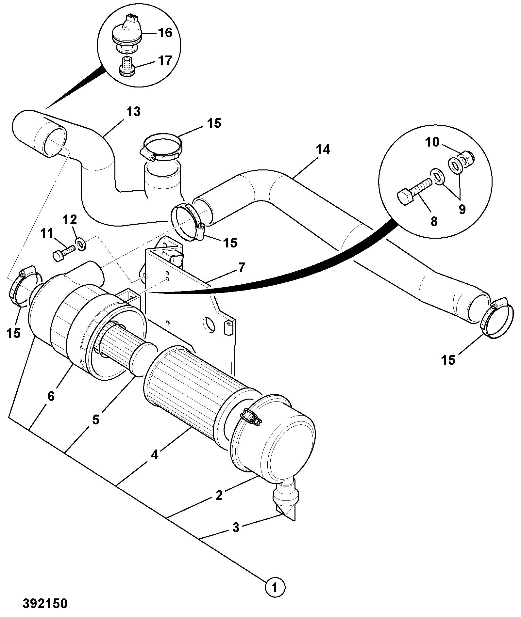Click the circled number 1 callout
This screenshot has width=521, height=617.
click(275, 588)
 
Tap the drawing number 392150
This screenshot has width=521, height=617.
click(45, 603)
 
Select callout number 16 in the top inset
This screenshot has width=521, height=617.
click(165, 33)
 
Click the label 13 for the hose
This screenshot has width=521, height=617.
click(133, 112)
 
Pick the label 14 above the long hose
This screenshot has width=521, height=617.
click(323, 150)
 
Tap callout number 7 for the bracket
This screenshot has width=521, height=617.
click(241, 267)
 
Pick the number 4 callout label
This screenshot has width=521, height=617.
click(155, 454)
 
